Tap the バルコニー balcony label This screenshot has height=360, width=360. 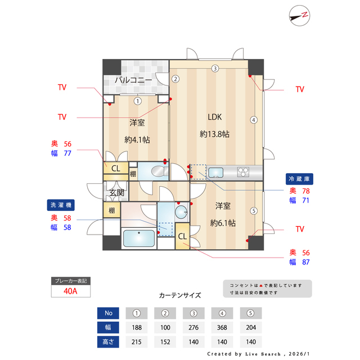tap(133, 80)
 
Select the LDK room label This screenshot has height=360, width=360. tap(215, 118)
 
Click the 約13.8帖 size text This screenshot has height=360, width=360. tap(214, 134)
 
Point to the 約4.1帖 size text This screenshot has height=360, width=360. tap(137, 139)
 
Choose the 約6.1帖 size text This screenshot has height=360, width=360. tap(223, 223)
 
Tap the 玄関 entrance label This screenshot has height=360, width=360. tap(116, 193)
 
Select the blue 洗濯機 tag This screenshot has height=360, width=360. tap(61, 205)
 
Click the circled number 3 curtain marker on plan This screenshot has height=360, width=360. tap(215, 69)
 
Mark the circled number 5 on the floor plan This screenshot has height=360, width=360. tap(254, 211)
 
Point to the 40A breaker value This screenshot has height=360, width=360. tap(70, 291)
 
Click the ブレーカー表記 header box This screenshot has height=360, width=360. tap(70, 280)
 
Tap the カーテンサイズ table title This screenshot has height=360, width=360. tap(179, 295)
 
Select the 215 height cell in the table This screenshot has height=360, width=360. tap(137, 341)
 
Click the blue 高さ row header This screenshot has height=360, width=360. tap(109, 341)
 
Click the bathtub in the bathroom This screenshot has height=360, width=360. tap(139, 239)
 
